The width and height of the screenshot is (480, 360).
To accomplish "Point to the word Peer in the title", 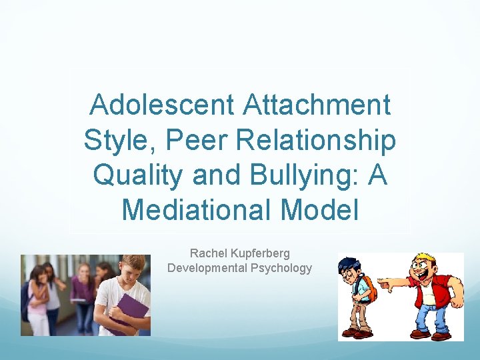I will pos(193,140).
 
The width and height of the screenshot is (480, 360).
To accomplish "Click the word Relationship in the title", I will pos(313,140).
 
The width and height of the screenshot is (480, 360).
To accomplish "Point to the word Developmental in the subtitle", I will pos(209,268).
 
